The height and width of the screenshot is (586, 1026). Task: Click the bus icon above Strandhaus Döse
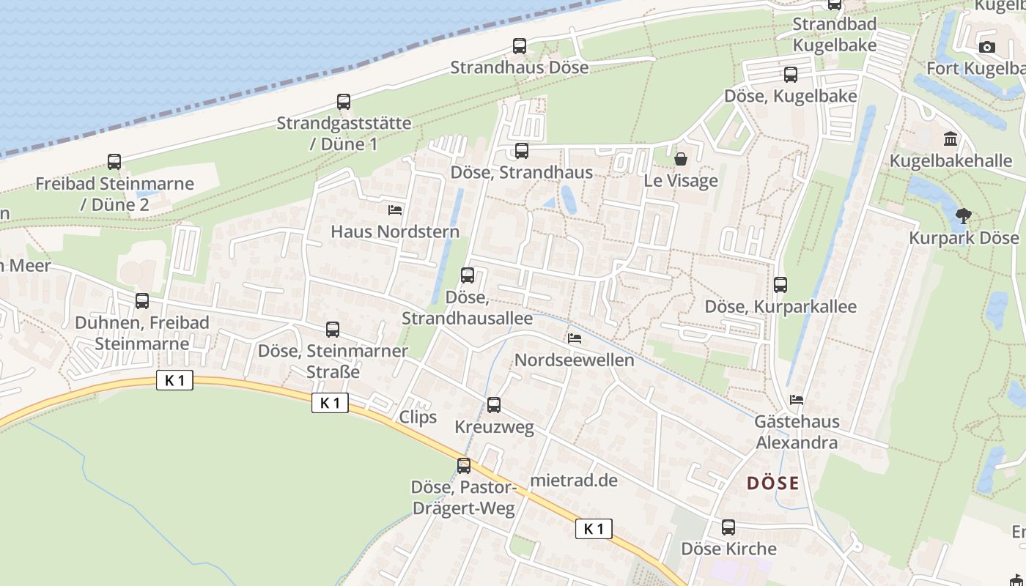pyautogui.click(x=520, y=46)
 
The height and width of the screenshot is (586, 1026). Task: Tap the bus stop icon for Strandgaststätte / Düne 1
pyautogui.click(x=344, y=102)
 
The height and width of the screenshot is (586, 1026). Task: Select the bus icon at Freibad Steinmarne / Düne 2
pyautogui.click(x=114, y=162)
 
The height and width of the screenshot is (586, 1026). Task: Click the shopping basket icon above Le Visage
pyautogui.click(x=681, y=158)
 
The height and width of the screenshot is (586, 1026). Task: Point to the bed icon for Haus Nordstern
pyautogui.click(x=395, y=210)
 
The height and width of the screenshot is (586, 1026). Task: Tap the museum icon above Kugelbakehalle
pyautogui.click(x=951, y=138)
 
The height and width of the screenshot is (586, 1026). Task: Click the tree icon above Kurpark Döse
pyautogui.click(x=964, y=216)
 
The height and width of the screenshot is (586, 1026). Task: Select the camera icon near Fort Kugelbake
pyautogui.click(x=987, y=48)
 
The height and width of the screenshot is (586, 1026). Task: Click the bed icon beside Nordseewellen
pyautogui.click(x=575, y=338)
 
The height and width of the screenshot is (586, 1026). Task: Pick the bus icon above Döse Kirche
pyautogui.click(x=728, y=527)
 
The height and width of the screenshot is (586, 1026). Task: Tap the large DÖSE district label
pyautogui.click(x=773, y=483)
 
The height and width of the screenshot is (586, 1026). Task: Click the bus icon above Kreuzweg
pyautogui.click(x=494, y=405)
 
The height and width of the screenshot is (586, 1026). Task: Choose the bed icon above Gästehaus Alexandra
pyautogui.click(x=797, y=400)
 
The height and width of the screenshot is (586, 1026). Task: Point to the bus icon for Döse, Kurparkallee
pyautogui.click(x=780, y=285)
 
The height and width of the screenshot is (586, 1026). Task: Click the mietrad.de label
pyautogui.click(x=574, y=481)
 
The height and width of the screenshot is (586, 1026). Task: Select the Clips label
pyautogui.click(x=418, y=417)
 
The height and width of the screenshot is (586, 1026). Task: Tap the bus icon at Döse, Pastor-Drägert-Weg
pyautogui.click(x=464, y=466)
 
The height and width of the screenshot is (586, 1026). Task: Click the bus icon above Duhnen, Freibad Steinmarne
pyautogui.click(x=142, y=301)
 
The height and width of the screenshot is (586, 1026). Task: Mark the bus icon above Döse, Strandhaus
pyautogui.click(x=522, y=152)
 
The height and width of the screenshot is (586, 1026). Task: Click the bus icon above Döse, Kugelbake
pyautogui.click(x=791, y=75)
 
